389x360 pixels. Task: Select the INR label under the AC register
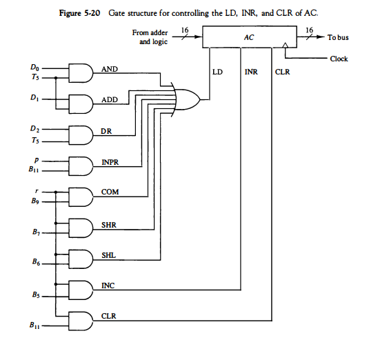(250, 70)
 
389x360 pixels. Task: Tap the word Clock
(339, 59)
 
